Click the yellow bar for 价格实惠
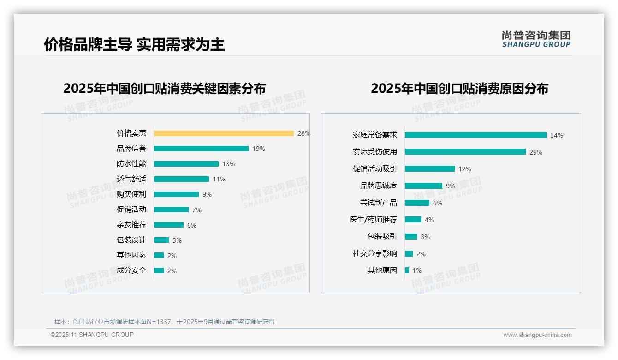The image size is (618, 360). (224, 133)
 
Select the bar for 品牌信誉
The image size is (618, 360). (201, 149)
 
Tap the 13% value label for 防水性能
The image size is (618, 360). (229, 164)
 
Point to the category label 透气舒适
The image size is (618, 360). (131, 179)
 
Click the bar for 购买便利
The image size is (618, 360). (176, 194)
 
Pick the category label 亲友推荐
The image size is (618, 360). (131, 225)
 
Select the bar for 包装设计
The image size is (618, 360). (161, 240)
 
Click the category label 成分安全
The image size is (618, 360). (131, 270)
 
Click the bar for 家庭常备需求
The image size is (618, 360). (475, 135)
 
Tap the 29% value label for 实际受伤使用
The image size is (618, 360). (536, 152)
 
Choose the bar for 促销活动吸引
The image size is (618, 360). (430, 169)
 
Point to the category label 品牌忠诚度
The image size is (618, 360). (378, 186)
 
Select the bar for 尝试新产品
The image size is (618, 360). (417, 203)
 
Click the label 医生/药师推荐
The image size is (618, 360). (373, 220)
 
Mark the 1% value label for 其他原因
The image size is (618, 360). (417, 270)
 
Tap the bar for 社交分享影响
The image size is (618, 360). (409, 253)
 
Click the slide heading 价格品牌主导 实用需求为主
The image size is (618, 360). (134, 44)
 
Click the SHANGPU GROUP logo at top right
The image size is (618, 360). (536, 39)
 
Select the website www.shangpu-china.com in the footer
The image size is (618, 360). (537, 335)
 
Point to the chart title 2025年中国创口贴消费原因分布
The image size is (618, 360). (459, 89)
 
